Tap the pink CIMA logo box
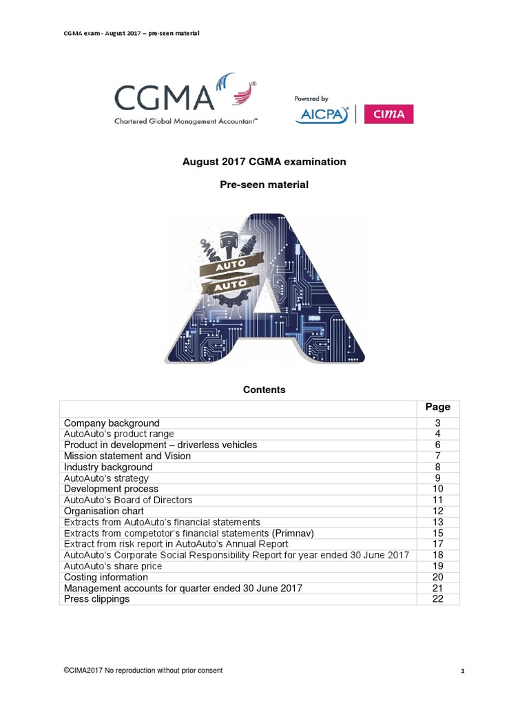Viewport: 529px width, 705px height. (x=388, y=114)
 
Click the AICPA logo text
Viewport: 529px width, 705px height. (x=322, y=115)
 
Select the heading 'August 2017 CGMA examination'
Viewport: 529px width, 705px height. (x=264, y=162)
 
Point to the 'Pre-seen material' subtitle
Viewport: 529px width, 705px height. (x=264, y=185)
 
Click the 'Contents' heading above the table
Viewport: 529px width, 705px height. (x=264, y=390)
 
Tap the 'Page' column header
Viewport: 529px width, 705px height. (x=437, y=407)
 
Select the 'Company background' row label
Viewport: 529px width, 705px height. (x=112, y=423)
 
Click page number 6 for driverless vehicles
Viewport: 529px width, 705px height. (x=437, y=445)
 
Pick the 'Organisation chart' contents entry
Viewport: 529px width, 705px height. (x=104, y=511)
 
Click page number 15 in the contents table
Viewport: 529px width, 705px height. (x=437, y=533)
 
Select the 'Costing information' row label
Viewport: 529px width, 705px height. (x=106, y=577)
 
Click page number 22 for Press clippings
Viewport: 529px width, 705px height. (x=437, y=599)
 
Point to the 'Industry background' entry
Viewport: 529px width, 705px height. (x=108, y=467)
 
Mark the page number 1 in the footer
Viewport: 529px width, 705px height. (x=462, y=671)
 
